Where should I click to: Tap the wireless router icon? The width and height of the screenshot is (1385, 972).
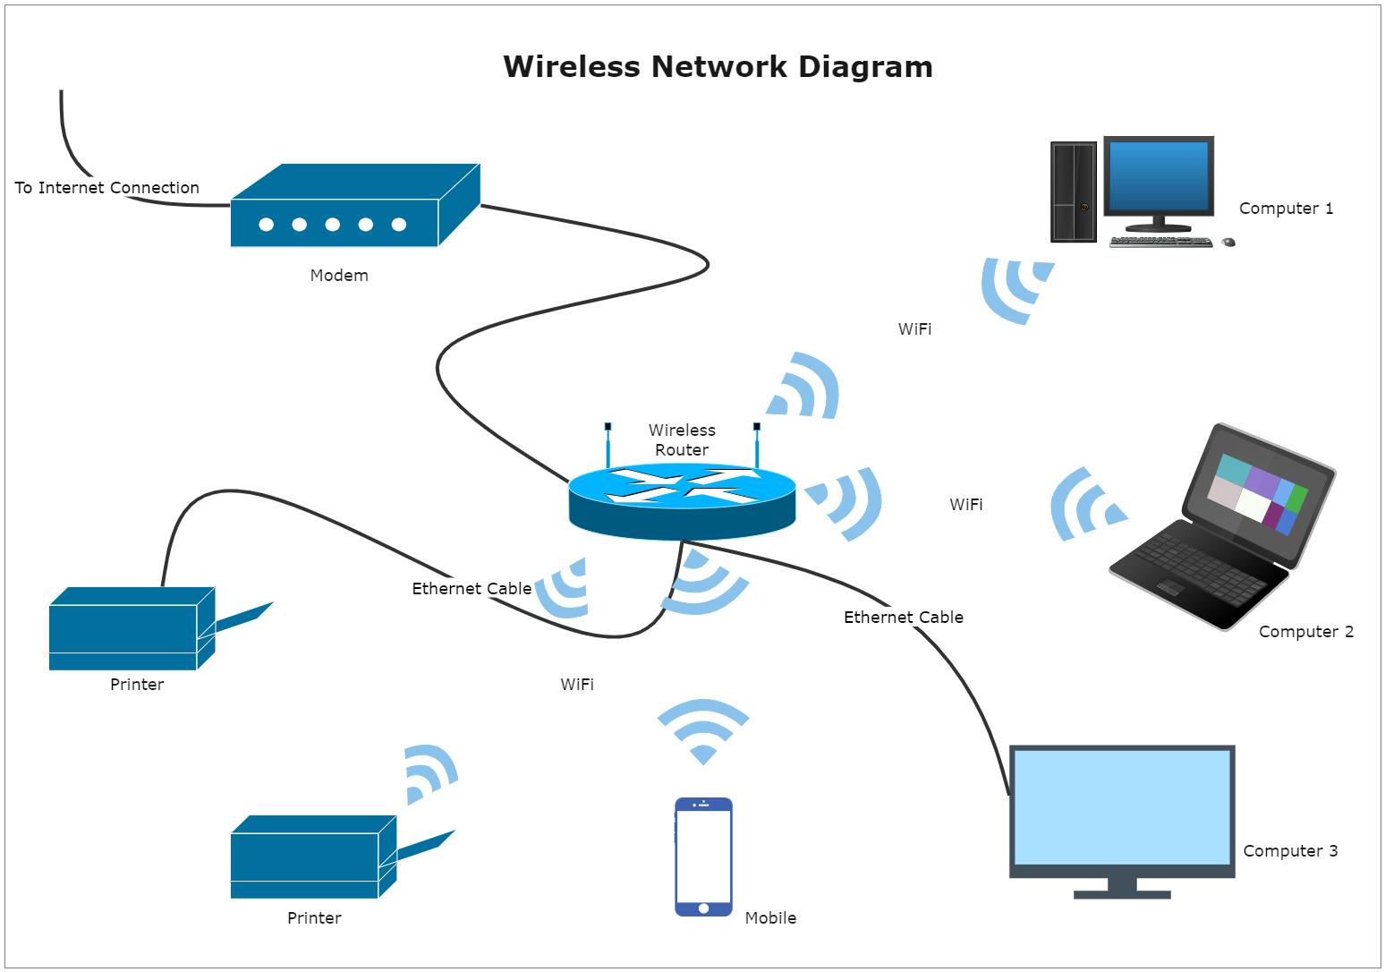(682, 500)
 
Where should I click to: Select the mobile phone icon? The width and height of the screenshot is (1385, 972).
(703, 857)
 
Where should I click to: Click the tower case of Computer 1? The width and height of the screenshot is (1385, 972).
(1074, 192)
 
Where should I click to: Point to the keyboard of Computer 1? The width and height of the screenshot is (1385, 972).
(1160, 242)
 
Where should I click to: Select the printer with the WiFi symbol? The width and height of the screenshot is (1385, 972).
(312, 857)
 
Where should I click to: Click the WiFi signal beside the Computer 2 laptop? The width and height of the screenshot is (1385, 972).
(1085, 506)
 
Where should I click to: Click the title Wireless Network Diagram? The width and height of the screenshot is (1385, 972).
(718, 67)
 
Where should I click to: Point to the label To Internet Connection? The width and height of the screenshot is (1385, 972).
(107, 188)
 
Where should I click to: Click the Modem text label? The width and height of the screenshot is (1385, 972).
(339, 276)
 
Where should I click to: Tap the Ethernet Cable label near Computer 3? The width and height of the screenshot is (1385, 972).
(904, 618)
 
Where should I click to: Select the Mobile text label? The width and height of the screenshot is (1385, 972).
(770, 918)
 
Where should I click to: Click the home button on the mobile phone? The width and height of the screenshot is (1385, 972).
(703, 908)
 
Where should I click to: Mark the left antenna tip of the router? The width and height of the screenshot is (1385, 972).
(608, 427)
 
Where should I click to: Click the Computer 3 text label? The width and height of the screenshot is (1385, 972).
(1290, 851)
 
